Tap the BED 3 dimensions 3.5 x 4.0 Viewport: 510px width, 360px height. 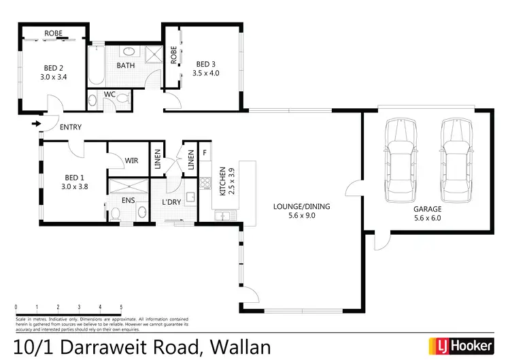pyautogui.click(x=205, y=73)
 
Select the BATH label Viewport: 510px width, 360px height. pyautogui.click(x=126, y=66)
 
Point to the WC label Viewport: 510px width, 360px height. pyautogui.click(x=109, y=95)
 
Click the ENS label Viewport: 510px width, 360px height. pyautogui.click(x=128, y=201)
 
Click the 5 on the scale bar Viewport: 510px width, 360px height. pyautogui.click(x=121, y=308)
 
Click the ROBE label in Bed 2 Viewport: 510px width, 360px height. pyautogui.click(x=54, y=33)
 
